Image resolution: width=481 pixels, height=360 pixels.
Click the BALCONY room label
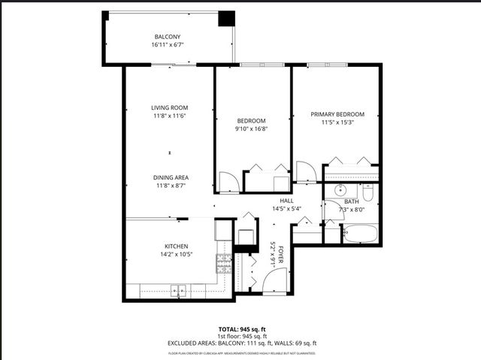click(x=167, y=37)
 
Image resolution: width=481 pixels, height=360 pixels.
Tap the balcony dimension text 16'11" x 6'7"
click(x=167, y=45)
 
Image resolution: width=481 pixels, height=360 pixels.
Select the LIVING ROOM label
click(x=169, y=107)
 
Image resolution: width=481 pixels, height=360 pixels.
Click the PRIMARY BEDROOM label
click(x=337, y=114)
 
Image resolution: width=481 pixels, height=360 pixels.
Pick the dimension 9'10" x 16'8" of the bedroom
click(x=252, y=129)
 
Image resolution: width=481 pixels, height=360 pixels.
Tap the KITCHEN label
click(x=176, y=246)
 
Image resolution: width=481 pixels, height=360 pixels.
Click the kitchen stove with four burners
click(x=223, y=262)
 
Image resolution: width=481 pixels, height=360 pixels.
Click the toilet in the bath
click(x=368, y=193)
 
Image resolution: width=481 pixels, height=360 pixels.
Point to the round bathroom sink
click(x=340, y=190)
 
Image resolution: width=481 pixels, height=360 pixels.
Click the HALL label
click(x=286, y=201)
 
